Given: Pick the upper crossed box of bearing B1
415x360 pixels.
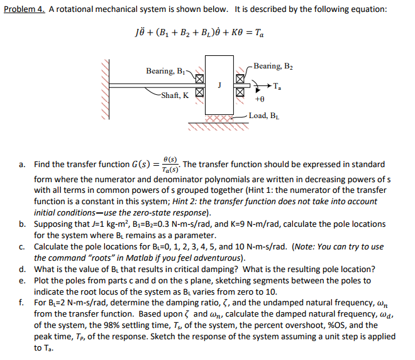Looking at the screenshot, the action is (199, 80).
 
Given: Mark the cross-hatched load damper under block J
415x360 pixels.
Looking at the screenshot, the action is (218, 117).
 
